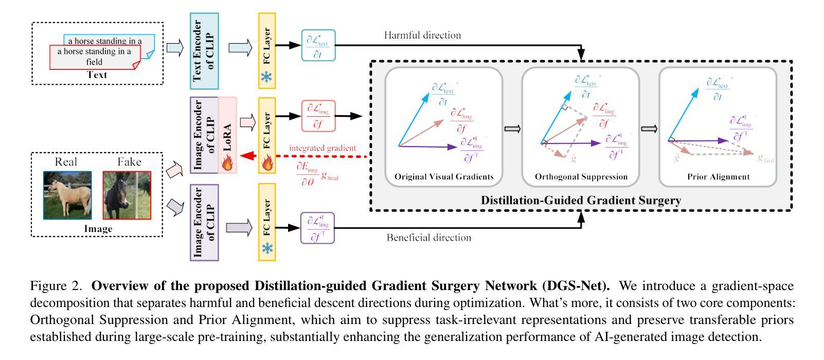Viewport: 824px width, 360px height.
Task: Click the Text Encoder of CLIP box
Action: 204,51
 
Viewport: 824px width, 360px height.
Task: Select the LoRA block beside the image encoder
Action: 227,135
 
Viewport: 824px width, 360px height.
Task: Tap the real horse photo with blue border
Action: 68,195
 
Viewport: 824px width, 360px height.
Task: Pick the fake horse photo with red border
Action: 127,195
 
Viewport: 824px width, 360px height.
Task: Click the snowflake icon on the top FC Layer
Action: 267,77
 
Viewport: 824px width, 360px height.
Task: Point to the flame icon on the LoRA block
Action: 227,163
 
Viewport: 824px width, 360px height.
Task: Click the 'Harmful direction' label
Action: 422,35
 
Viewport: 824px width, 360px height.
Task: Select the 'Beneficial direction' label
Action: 428,238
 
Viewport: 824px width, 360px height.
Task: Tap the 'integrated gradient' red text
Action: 322,148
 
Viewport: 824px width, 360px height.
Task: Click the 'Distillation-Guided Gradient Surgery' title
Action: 581,200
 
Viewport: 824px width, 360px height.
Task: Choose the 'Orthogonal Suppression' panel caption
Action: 581,177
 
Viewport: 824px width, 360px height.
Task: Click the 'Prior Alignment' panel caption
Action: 718,177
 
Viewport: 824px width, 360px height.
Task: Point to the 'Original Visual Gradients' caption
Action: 444,177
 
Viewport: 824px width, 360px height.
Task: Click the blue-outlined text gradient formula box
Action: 318,46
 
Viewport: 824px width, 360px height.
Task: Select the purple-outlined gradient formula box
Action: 317,228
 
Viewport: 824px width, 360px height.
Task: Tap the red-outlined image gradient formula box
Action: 318,116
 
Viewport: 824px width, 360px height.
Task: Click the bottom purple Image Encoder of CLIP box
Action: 204,223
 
